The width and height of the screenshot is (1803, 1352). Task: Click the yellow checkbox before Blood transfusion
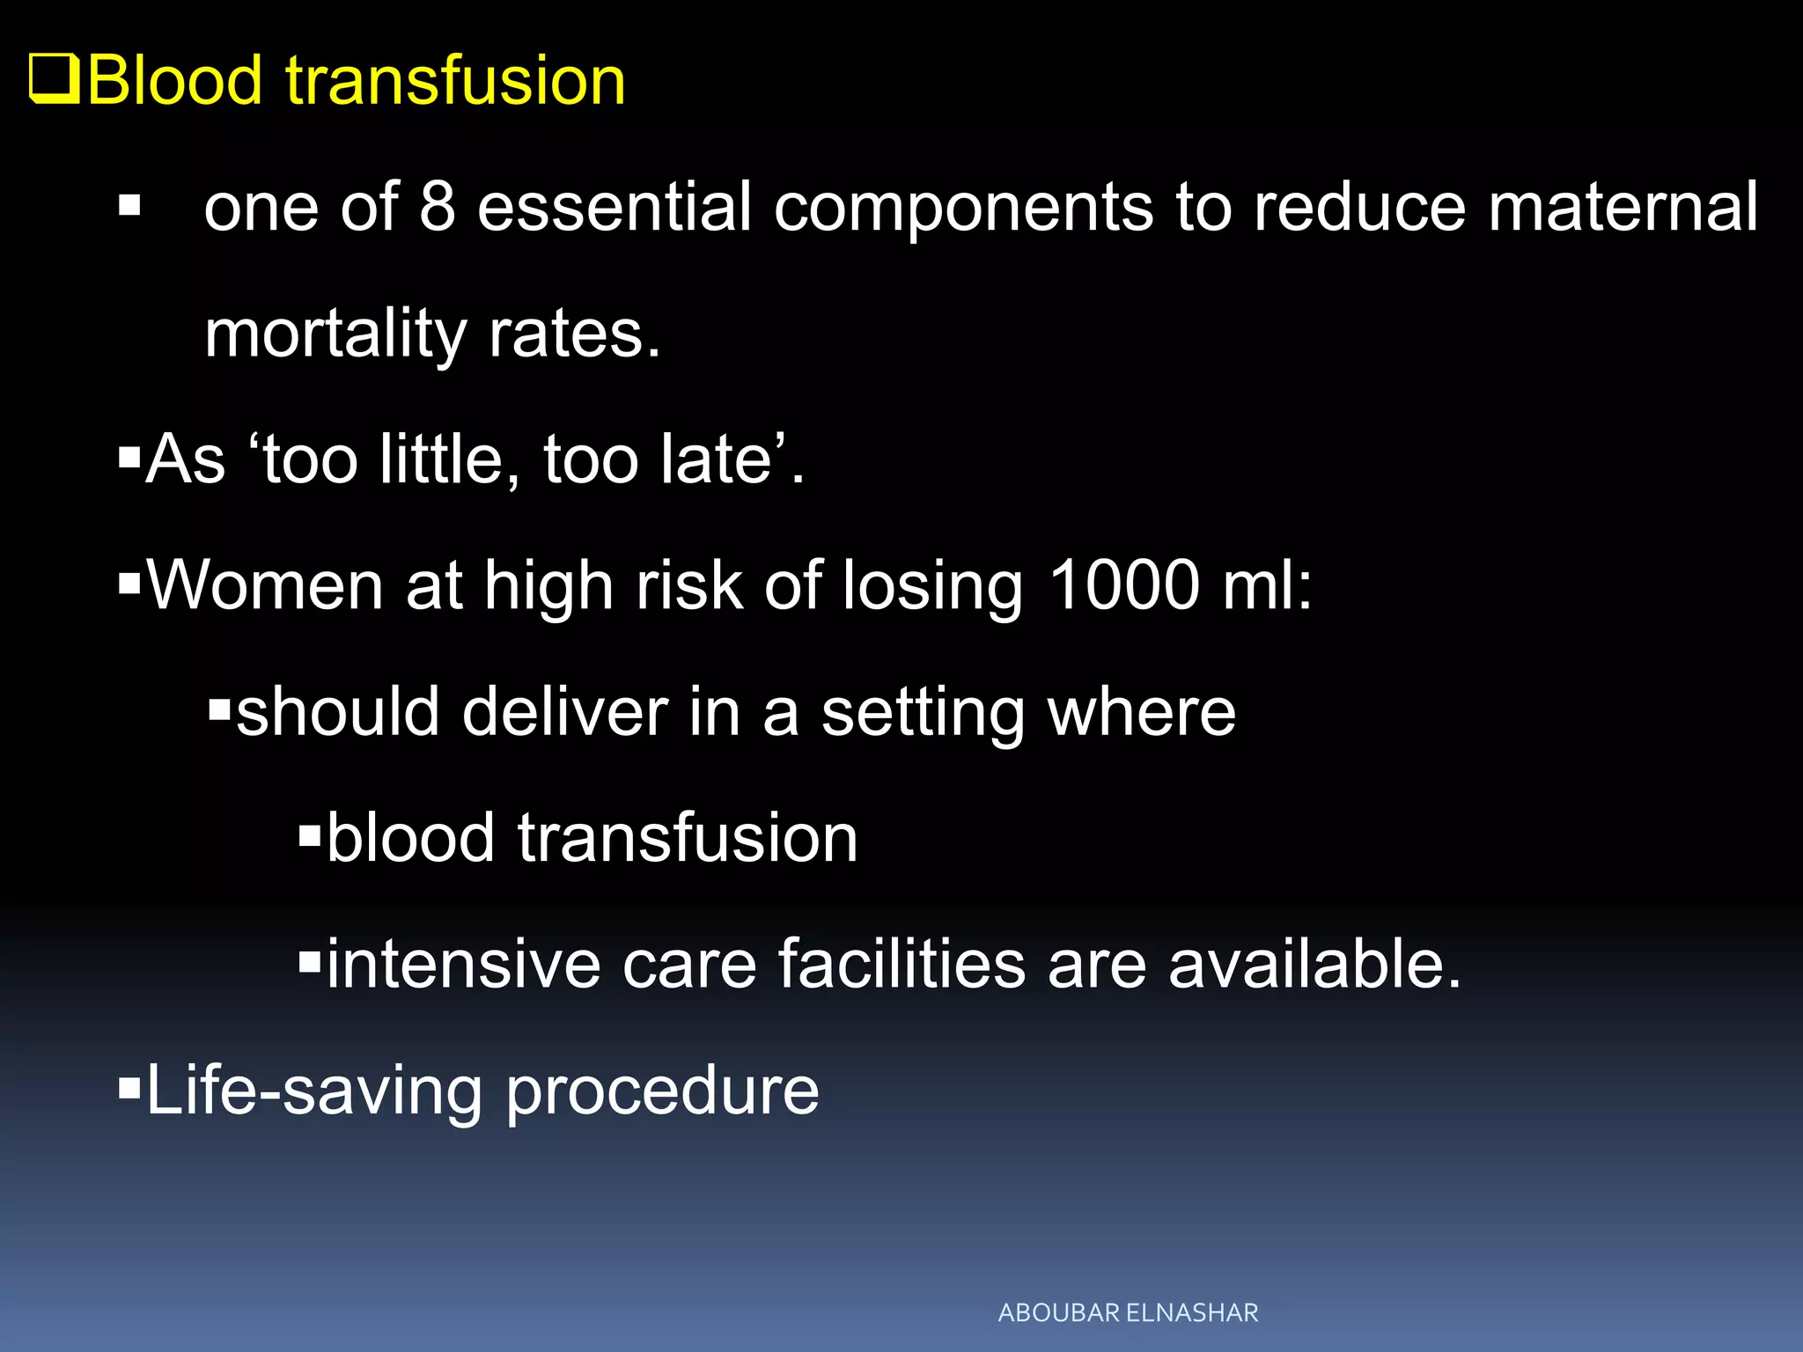click(55, 79)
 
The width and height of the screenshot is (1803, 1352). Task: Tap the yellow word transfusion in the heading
click(455, 81)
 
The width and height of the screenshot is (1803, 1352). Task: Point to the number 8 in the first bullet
click(437, 207)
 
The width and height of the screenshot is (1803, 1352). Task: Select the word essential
click(614, 207)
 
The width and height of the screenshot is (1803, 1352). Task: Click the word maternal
click(1623, 207)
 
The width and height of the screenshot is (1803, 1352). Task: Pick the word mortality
click(335, 334)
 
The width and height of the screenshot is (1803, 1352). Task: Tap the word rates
click(573, 334)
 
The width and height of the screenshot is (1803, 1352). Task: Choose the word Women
click(265, 585)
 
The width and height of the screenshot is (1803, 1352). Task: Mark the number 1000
click(1124, 585)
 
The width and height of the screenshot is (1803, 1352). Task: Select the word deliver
click(564, 711)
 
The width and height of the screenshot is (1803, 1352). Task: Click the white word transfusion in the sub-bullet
click(688, 838)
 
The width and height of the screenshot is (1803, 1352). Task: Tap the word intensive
click(463, 964)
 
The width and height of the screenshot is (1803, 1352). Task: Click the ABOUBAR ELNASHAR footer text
click(1128, 1312)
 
